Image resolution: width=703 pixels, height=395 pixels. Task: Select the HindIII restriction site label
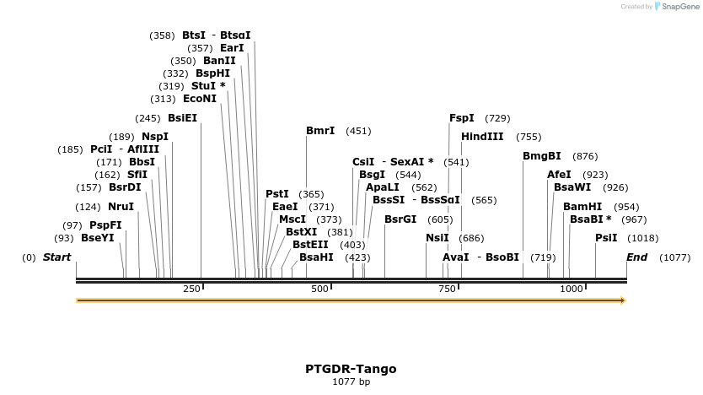click(482, 137)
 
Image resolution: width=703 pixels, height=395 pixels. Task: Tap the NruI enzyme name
click(121, 207)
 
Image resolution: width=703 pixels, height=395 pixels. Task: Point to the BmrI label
click(320, 131)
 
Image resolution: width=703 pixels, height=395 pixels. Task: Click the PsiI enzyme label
click(606, 238)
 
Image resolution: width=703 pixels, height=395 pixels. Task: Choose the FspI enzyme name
click(462, 118)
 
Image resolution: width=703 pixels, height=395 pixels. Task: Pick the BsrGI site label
click(400, 219)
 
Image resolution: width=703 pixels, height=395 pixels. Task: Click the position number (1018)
click(643, 238)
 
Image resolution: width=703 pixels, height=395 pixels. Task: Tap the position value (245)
click(148, 118)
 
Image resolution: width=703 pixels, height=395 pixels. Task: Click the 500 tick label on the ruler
click(319, 289)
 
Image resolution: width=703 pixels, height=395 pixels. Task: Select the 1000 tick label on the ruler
click(572, 289)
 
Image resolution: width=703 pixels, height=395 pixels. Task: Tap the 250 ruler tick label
click(191, 289)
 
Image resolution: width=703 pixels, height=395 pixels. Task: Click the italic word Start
click(57, 257)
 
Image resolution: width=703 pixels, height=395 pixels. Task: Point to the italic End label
click(636, 257)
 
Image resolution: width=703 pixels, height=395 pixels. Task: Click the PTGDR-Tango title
click(351, 369)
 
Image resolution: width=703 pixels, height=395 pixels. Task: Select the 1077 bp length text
click(351, 382)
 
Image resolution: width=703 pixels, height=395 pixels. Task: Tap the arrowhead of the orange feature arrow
click(623, 300)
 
